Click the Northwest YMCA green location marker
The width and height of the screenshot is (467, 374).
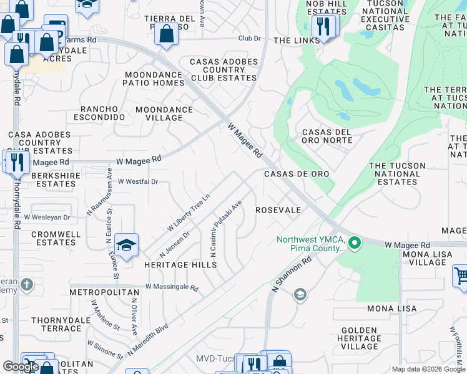(x=355, y=242)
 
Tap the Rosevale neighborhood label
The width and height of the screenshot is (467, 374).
(x=278, y=210)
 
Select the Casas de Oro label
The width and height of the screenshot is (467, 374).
(x=296, y=174)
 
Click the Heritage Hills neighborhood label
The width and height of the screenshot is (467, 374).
(x=180, y=265)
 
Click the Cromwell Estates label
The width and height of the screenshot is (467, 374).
(x=54, y=238)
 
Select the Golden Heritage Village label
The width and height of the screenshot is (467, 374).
(x=360, y=338)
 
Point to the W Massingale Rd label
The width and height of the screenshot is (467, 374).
(x=172, y=287)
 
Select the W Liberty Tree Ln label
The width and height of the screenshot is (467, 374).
(x=188, y=213)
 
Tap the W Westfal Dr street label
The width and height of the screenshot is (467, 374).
(x=138, y=181)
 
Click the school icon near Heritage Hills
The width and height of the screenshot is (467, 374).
(x=126, y=245)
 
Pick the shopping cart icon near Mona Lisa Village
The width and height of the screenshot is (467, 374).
(x=461, y=274)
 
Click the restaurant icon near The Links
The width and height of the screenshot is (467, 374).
(x=323, y=26)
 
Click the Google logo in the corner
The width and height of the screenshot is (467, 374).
(x=21, y=367)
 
